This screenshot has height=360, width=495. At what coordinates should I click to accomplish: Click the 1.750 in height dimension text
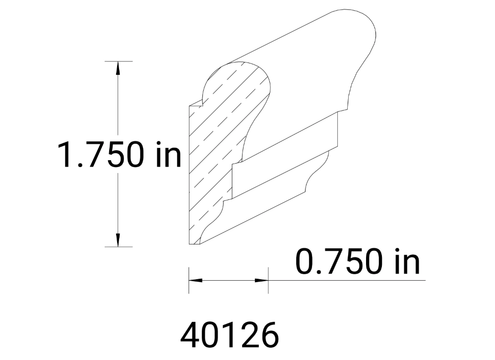click(x=120, y=154)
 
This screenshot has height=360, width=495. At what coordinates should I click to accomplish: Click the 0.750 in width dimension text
click(x=358, y=262)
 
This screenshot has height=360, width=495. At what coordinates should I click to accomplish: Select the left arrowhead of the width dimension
click(x=195, y=281)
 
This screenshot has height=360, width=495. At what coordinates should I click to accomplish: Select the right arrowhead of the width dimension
click(x=261, y=281)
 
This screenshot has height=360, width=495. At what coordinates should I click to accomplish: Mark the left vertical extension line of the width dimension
click(x=189, y=281)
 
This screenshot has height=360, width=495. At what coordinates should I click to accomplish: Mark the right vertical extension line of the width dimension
click(x=268, y=281)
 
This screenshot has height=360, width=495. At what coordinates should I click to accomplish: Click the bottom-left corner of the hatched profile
click(x=190, y=244)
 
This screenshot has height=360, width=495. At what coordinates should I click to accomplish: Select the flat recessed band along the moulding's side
click(x=285, y=154)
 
